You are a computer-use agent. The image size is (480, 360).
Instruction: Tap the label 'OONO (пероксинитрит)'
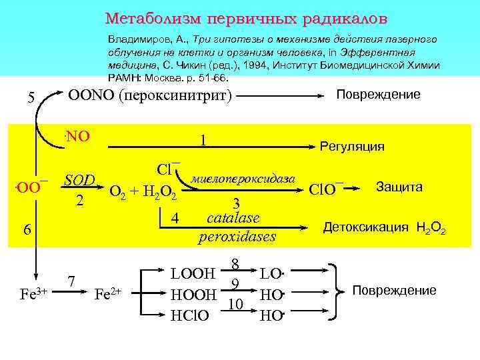(x=150, y=96)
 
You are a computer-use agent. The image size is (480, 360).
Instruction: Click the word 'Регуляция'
(x=352, y=146)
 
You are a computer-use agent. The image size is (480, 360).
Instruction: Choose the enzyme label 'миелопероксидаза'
(x=243, y=179)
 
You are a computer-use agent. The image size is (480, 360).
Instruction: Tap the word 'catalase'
(x=233, y=217)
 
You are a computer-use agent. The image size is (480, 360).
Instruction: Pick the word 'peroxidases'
(x=237, y=236)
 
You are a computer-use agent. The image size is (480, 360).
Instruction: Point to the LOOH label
(x=193, y=274)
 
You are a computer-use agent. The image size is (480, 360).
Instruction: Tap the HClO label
(x=192, y=315)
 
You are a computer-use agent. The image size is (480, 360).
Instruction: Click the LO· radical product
(x=271, y=274)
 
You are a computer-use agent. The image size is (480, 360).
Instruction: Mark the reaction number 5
(x=31, y=98)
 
